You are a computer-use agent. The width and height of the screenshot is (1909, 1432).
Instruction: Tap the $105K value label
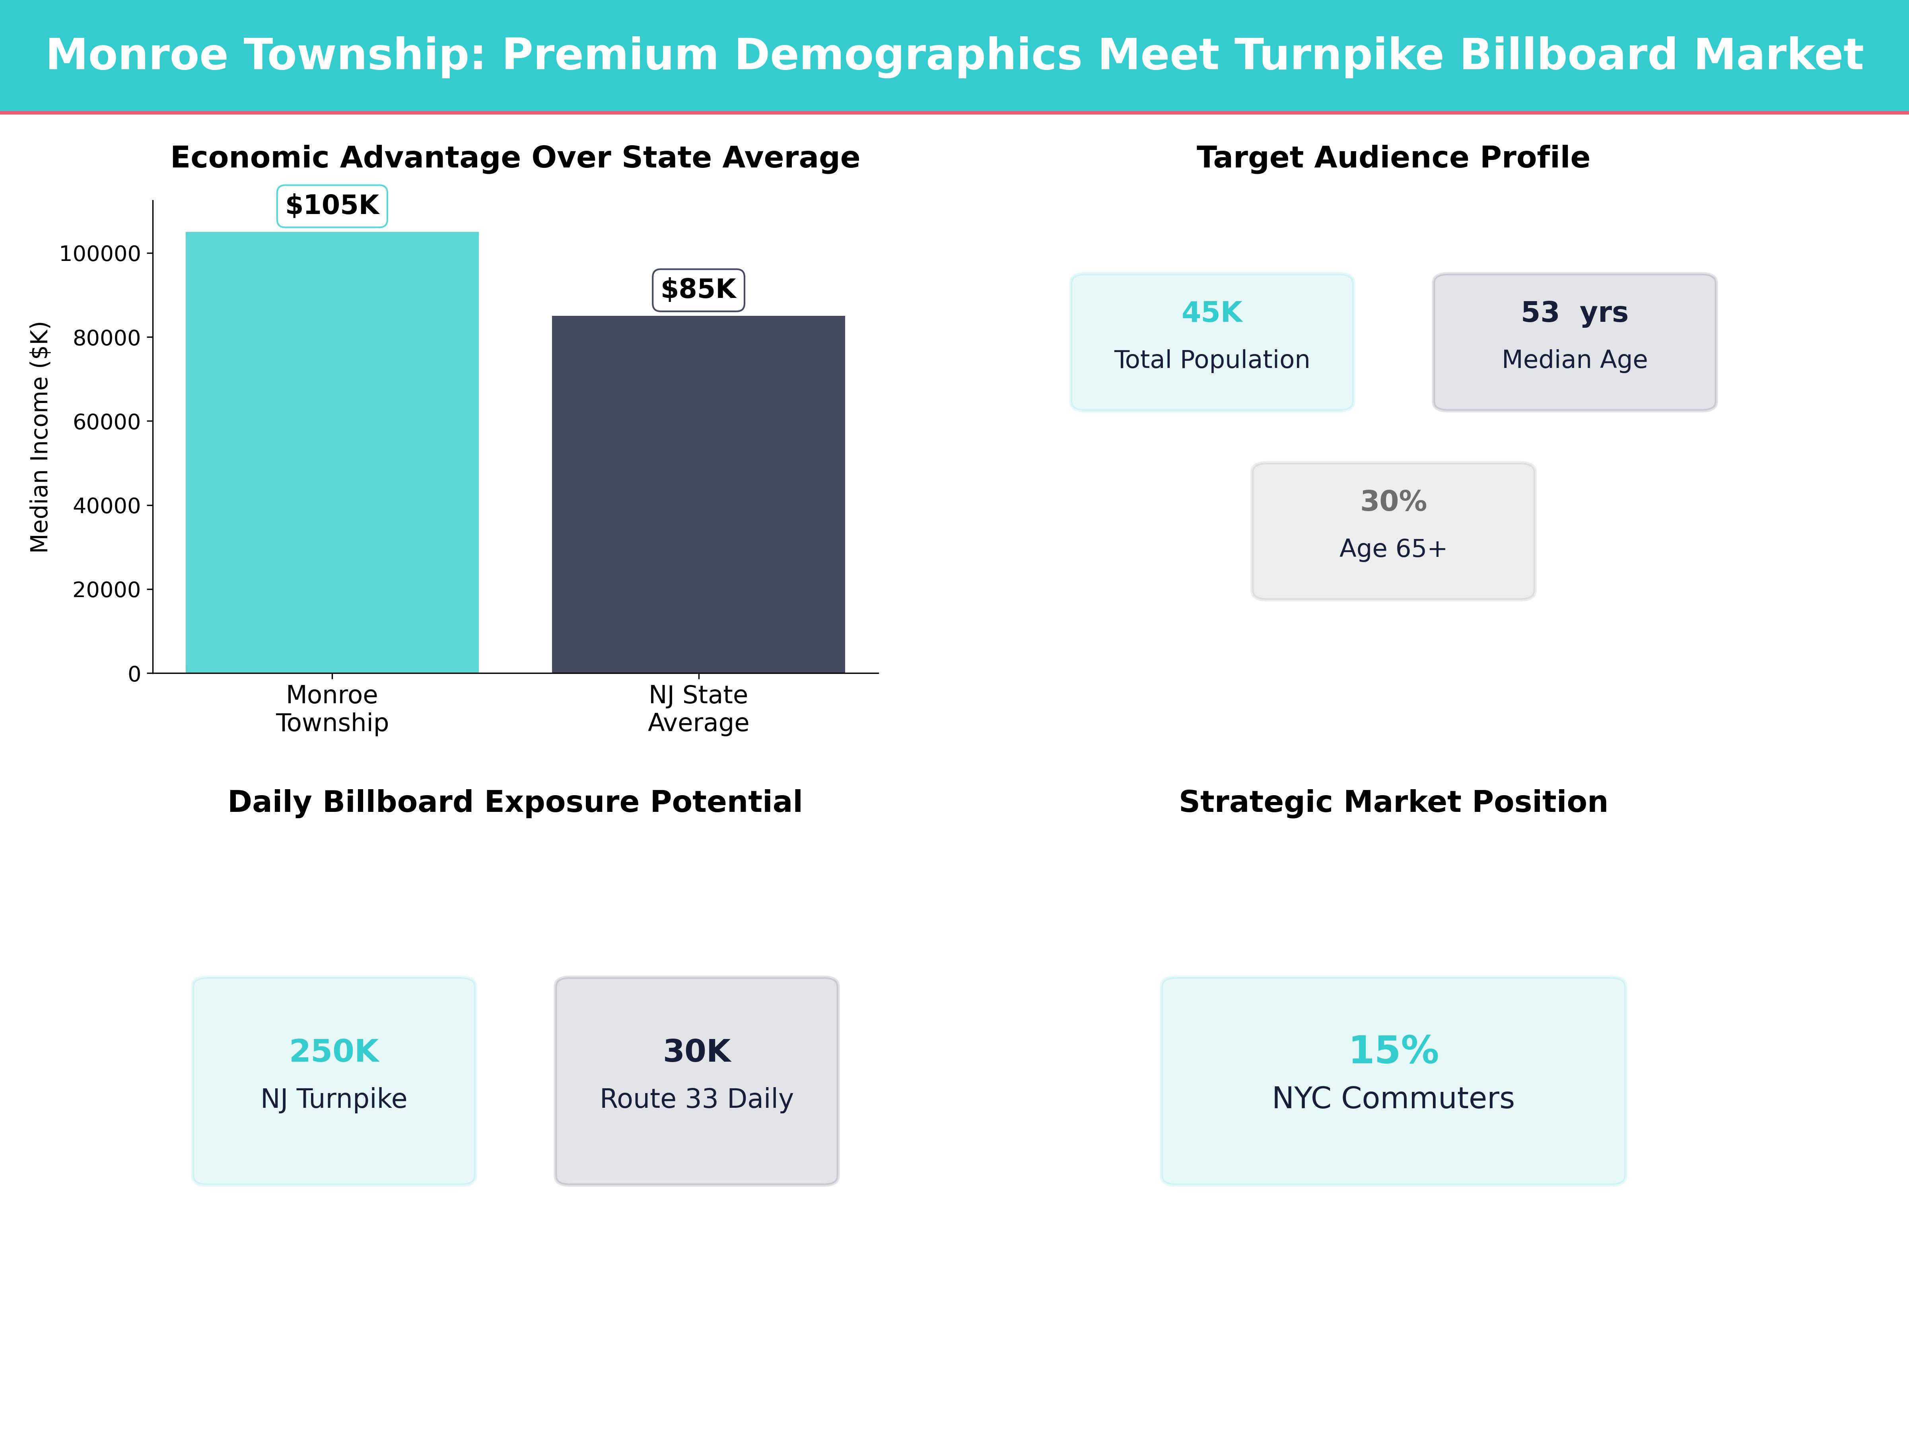pos(332,205)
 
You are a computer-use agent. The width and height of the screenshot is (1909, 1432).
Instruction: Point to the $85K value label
pos(698,289)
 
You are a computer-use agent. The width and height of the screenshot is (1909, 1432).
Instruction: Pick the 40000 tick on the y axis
pos(106,506)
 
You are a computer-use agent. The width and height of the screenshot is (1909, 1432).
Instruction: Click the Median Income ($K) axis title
pos(40,437)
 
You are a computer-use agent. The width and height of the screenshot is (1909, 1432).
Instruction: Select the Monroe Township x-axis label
pos(332,709)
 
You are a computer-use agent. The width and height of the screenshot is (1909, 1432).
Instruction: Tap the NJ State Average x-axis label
pos(698,709)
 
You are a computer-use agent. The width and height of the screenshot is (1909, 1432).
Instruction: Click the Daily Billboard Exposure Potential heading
pos(515,802)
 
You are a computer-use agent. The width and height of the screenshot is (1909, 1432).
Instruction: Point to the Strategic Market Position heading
pos(1393,802)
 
